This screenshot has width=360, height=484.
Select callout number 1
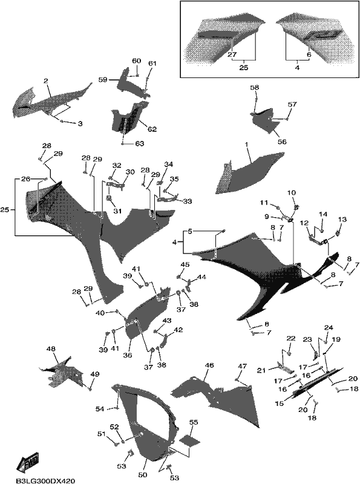click(x=246, y=145)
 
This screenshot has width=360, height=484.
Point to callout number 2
click(x=46, y=81)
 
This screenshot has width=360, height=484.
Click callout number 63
click(x=140, y=144)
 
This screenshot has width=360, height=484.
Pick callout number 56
click(x=282, y=142)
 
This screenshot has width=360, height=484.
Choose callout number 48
click(x=51, y=349)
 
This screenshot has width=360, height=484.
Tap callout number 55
click(x=193, y=422)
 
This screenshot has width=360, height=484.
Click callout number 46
click(x=209, y=366)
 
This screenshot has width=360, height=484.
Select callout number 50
click(x=143, y=474)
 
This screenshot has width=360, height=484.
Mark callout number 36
click(x=127, y=355)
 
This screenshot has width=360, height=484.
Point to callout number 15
click(x=280, y=404)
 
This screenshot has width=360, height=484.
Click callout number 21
click(x=261, y=370)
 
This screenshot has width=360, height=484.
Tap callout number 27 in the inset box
click(x=232, y=54)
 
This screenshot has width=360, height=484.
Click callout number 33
click(x=188, y=201)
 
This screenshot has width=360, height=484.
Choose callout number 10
click(x=292, y=193)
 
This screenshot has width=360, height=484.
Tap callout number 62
click(x=152, y=129)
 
